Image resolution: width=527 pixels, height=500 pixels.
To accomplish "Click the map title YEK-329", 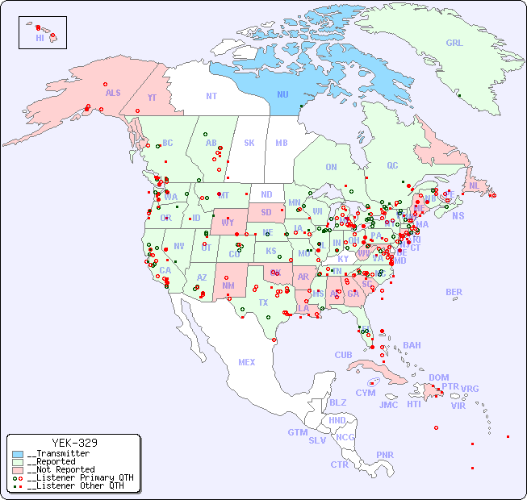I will [x=74, y=443].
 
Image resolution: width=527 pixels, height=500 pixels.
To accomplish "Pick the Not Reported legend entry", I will [x=60, y=469].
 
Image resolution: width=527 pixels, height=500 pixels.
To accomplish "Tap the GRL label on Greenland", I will [x=454, y=44].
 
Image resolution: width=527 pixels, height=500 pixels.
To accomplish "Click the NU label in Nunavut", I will [x=282, y=94].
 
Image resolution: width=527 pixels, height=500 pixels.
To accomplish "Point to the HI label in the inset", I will [x=40, y=38].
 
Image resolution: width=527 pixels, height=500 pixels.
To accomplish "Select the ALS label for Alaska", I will [x=113, y=93].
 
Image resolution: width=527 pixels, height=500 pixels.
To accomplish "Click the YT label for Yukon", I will [x=153, y=98].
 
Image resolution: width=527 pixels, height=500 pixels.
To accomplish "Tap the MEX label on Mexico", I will [x=247, y=362].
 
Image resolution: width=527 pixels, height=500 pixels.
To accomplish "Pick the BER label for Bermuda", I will [x=454, y=292].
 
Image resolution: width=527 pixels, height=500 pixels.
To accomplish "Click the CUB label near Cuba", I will [x=343, y=355].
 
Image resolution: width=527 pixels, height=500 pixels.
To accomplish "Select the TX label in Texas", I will [x=262, y=302].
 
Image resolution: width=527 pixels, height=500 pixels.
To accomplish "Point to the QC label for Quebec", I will [x=392, y=165].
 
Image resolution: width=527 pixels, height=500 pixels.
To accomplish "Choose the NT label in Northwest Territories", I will [x=211, y=95].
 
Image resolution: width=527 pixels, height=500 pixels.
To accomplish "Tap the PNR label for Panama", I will [x=385, y=455].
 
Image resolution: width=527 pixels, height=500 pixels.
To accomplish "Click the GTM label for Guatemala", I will [x=297, y=432].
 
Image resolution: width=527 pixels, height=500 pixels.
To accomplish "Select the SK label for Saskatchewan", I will [x=249, y=143].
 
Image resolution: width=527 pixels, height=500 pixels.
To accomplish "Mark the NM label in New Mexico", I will [x=228, y=285].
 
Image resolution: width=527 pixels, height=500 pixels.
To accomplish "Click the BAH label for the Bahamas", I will [x=412, y=345].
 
